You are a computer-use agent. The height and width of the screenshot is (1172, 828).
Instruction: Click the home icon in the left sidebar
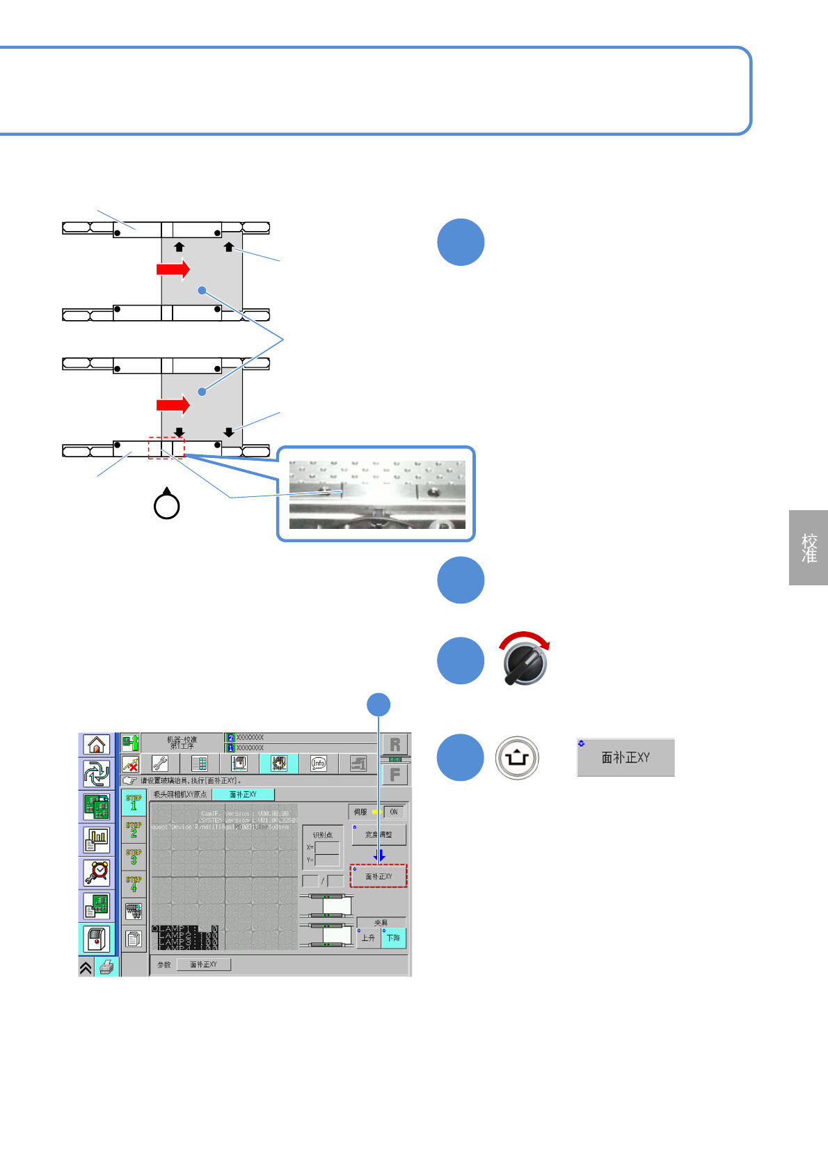(x=97, y=745)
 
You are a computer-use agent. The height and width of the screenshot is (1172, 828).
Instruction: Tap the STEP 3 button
(x=134, y=857)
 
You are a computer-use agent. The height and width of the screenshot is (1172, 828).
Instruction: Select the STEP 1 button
(x=134, y=802)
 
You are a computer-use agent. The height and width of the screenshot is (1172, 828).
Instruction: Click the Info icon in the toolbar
(x=319, y=763)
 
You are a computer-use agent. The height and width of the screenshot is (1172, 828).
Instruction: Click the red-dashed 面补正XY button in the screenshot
(x=379, y=876)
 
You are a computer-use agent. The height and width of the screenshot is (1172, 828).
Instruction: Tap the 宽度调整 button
(x=379, y=834)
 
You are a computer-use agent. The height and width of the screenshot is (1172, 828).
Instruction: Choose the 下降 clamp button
(x=393, y=937)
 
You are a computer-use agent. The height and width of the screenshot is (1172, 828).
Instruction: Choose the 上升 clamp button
(x=368, y=937)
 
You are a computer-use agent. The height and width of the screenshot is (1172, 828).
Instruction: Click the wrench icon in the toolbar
(x=160, y=763)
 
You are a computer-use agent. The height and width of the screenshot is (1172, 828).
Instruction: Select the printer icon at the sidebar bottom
(x=106, y=967)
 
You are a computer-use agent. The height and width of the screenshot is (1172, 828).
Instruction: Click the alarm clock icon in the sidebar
(x=97, y=872)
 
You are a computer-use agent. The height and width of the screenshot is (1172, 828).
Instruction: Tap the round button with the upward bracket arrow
(x=517, y=758)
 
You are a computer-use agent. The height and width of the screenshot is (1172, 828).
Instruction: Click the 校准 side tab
(x=809, y=548)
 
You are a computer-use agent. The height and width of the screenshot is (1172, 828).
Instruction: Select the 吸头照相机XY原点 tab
(x=180, y=794)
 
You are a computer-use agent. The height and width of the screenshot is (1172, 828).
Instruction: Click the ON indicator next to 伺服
(x=393, y=811)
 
